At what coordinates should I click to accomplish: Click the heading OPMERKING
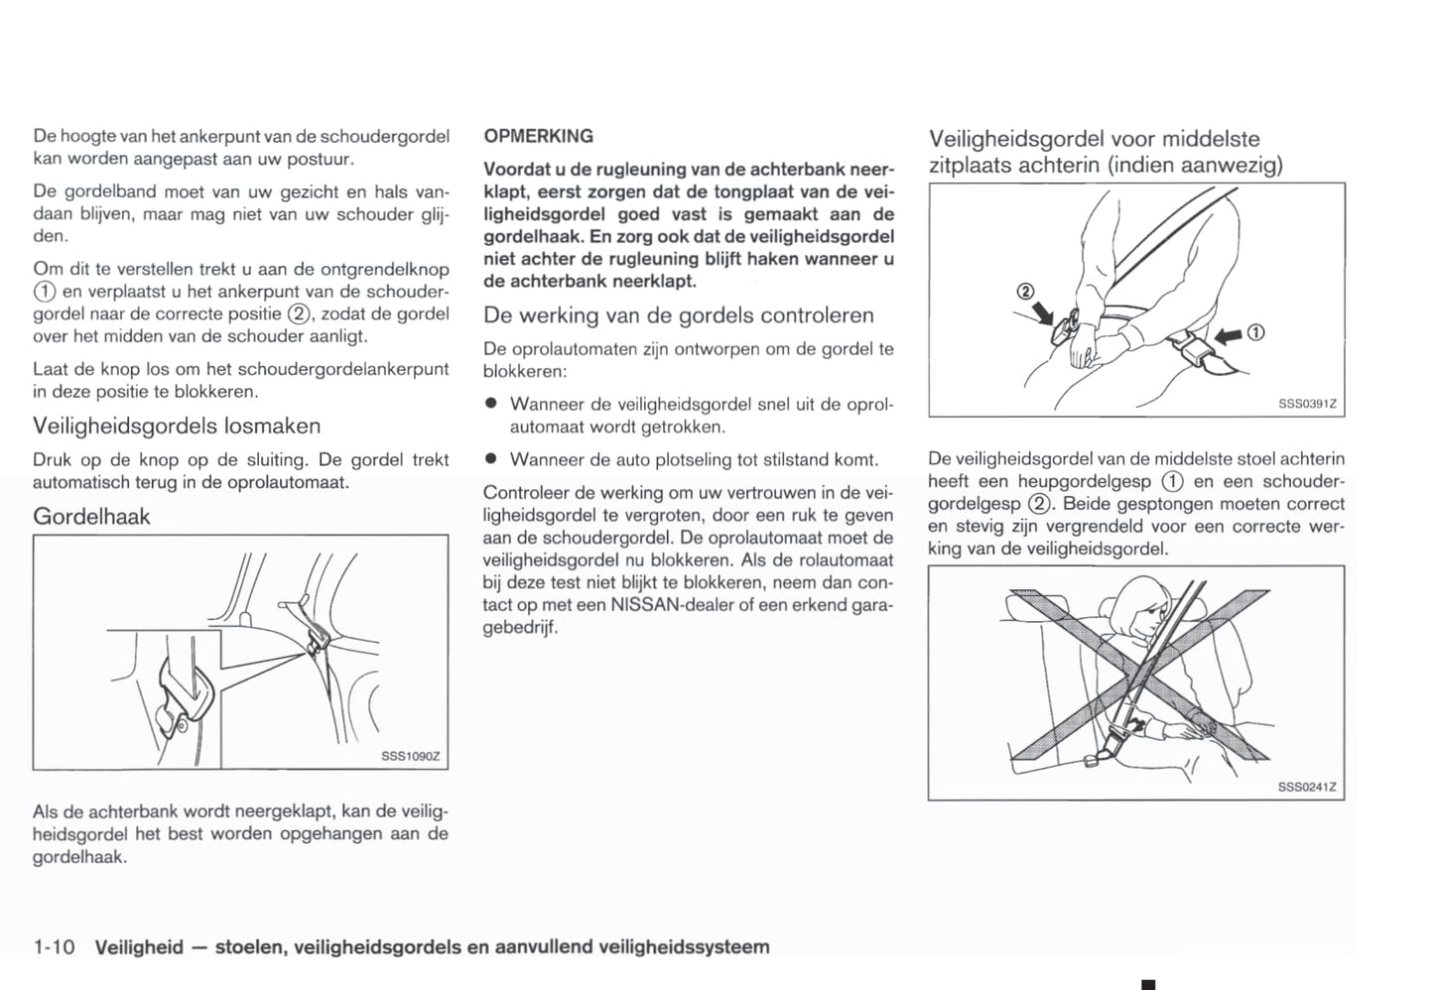(x=539, y=136)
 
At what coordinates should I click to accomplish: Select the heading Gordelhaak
(x=91, y=517)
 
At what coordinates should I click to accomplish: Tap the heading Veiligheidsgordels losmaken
(x=177, y=427)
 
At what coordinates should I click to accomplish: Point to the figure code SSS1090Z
(x=410, y=757)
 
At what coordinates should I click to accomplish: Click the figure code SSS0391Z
(x=1307, y=404)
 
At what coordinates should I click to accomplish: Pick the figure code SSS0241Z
(x=1307, y=788)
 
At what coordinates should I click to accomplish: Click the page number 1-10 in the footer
(x=54, y=947)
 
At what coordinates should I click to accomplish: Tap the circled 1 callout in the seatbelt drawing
(x=1255, y=333)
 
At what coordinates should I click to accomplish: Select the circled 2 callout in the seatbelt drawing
(x=1026, y=292)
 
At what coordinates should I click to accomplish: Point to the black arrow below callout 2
(x=1043, y=313)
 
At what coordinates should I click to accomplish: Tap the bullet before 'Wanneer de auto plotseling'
(x=490, y=459)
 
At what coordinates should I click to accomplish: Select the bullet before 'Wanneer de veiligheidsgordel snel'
(x=490, y=405)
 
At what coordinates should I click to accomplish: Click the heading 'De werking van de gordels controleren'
(x=679, y=315)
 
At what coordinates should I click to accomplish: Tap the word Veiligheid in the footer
(x=139, y=947)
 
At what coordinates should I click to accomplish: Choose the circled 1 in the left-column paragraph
(x=43, y=292)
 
